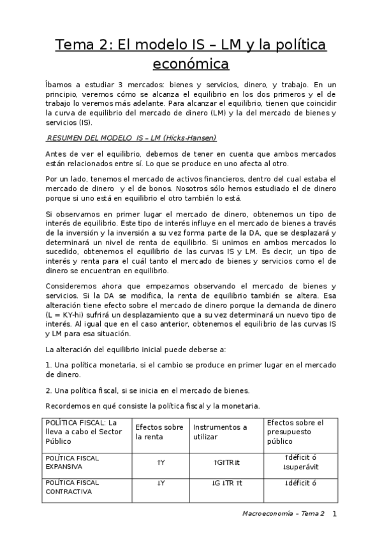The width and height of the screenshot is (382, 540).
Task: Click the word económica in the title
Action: click(x=191, y=64)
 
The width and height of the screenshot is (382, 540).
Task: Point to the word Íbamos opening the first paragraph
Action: click(x=59, y=84)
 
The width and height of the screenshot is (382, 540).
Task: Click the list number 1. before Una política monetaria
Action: click(x=48, y=366)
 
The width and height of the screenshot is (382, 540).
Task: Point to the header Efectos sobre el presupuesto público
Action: click(x=295, y=432)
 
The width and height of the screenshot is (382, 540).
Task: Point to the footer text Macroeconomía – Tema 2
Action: click(x=284, y=513)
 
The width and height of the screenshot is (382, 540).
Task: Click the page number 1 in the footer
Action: click(x=334, y=513)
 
